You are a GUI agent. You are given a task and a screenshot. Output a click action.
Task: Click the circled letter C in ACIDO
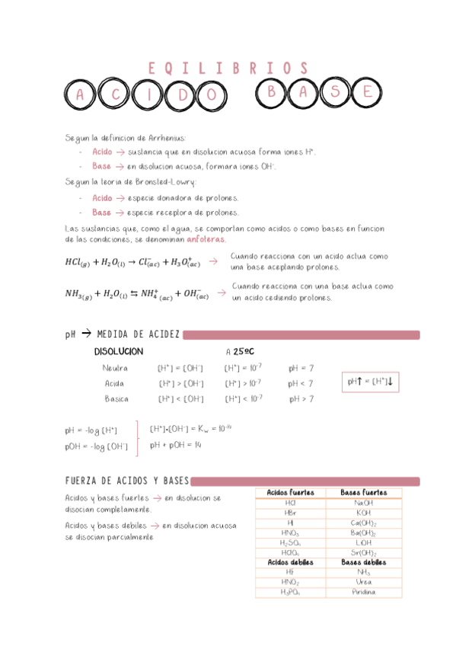point(116,95)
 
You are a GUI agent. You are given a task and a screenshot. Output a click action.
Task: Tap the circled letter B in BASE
point(271,92)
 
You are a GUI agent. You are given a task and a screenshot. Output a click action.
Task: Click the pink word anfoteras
point(206,239)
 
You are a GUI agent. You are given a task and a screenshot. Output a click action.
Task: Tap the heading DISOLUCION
point(118,352)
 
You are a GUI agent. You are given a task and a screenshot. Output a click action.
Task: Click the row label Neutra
point(115,369)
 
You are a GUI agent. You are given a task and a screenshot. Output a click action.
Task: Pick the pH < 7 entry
point(301,383)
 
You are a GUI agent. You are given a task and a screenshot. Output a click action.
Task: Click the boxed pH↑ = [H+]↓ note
point(370,380)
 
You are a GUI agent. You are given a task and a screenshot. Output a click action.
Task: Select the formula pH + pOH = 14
point(175,445)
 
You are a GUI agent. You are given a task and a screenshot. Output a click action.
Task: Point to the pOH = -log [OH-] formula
point(96,446)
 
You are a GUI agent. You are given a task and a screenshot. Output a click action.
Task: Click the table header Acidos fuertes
point(290,493)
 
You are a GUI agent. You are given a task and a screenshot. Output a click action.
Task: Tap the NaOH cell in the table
point(364,503)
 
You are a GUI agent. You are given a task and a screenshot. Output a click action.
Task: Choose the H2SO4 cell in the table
point(290,542)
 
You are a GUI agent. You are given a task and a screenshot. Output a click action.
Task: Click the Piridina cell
point(364,592)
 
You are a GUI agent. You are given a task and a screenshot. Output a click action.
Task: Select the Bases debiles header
point(364,562)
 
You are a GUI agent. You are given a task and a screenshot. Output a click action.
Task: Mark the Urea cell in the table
point(364,582)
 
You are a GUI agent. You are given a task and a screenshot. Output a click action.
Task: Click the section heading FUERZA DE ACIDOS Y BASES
point(126,481)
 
